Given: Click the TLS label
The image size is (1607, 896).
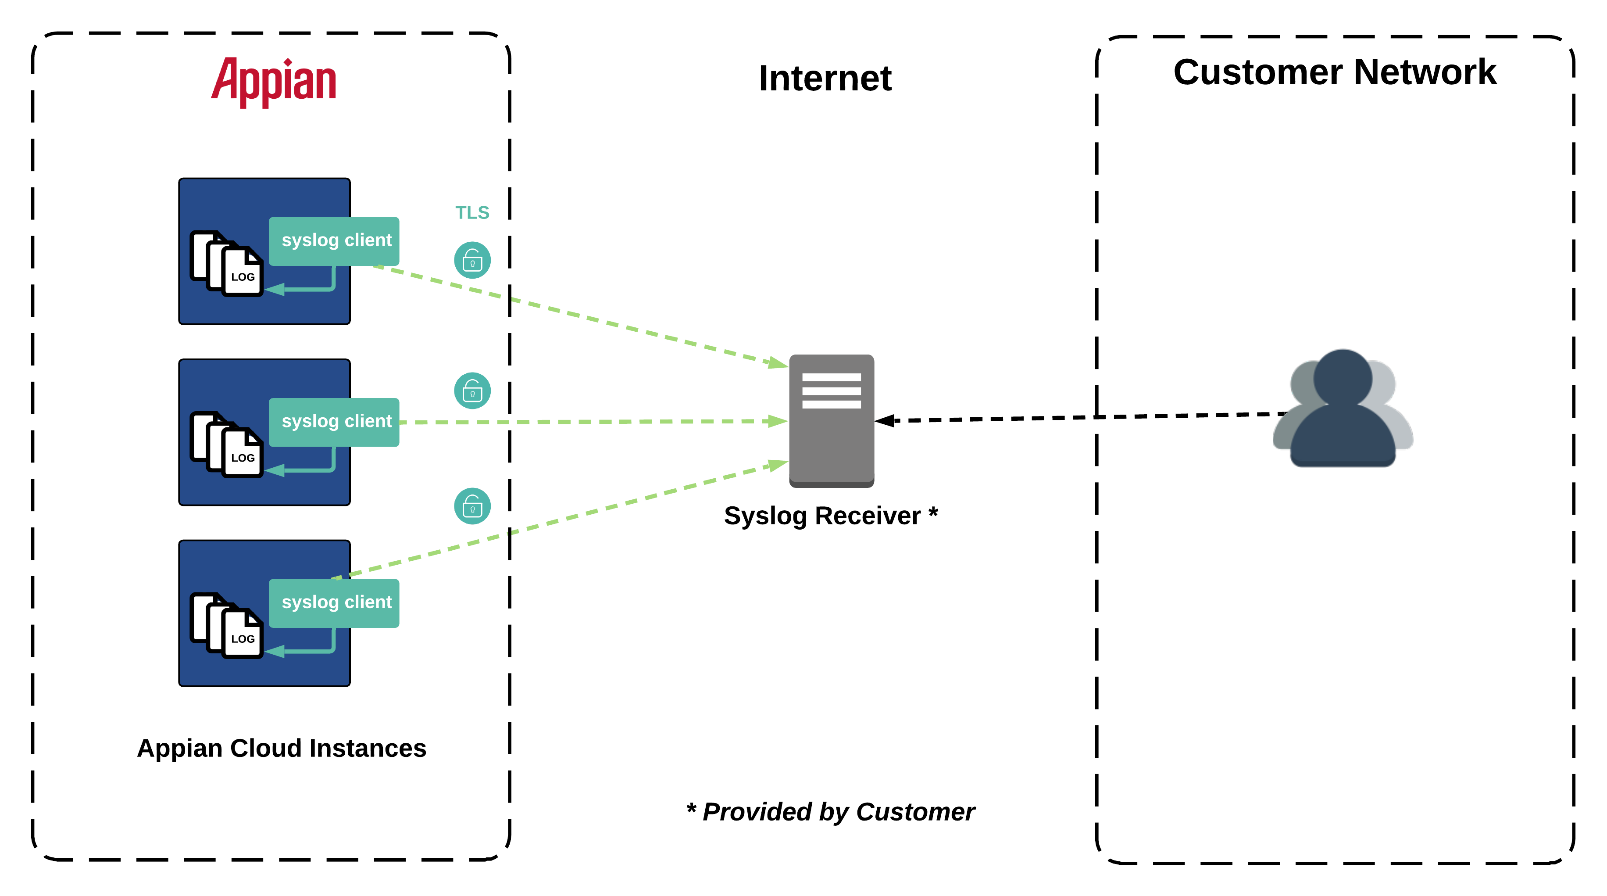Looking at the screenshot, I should coord(472,213).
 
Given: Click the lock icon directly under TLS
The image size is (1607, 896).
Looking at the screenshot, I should coord(472,260).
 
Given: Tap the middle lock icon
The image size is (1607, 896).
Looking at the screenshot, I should coord(472,391).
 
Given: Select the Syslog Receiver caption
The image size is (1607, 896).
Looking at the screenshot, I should coord(830,516).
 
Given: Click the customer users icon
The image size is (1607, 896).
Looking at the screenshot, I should coord(1343,409).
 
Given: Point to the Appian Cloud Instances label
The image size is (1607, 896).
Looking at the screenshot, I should coord(281,748).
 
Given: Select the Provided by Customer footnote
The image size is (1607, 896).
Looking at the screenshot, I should coord(830,812).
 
